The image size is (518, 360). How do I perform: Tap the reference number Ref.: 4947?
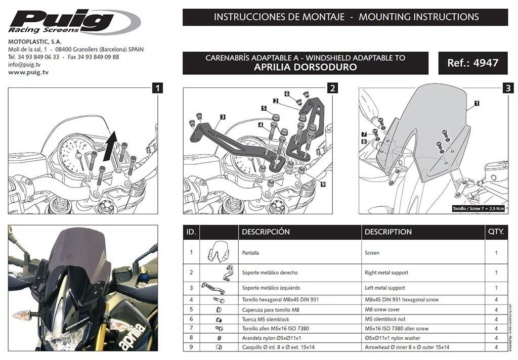click(472, 63)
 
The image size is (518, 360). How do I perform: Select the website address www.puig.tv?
click(28, 72)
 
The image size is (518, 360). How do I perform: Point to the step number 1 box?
click(158, 88)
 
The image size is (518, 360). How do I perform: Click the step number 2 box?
click(332, 88)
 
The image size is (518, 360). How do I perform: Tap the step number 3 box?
click(507, 88)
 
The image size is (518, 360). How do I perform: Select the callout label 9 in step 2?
click(323, 184)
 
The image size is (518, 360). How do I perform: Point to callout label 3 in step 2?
click(222, 117)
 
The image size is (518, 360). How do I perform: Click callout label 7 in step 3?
click(364, 133)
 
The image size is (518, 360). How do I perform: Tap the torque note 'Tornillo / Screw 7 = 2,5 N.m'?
click(480, 208)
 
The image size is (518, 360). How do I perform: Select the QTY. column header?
click(496, 232)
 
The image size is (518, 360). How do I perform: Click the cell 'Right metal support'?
click(386, 273)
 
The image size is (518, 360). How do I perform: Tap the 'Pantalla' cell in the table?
click(252, 252)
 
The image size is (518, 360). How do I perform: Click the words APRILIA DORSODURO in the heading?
click(305, 67)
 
